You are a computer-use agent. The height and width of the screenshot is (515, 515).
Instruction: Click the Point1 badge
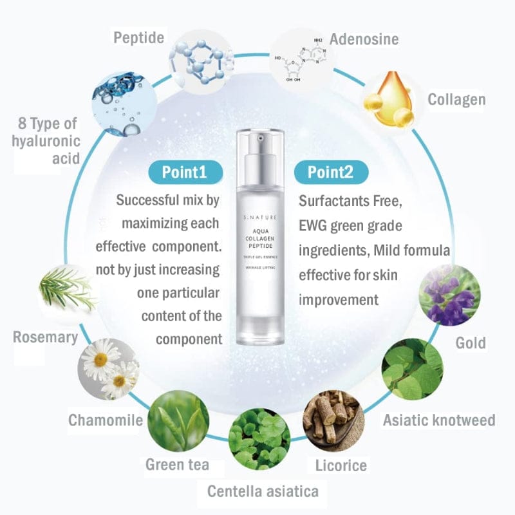click(185, 172)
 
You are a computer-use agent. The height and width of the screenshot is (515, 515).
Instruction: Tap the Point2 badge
click(331, 172)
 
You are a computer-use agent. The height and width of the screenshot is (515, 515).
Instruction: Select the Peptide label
click(138, 37)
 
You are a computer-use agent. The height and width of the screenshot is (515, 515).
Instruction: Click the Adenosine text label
click(364, 39)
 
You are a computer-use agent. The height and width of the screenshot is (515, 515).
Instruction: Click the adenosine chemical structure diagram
click(301, 59)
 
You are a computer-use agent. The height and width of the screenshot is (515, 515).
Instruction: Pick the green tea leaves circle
click(178, 421)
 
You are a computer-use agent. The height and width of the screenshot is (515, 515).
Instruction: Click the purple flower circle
click(449, 295)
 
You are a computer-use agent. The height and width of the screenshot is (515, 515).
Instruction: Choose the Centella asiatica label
click(263, 491)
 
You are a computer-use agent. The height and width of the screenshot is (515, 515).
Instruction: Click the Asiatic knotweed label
click(439, 420)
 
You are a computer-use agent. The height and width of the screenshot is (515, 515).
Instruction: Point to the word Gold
click(471, 343)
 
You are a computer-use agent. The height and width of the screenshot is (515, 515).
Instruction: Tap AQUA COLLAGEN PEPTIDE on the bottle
click(260, 239)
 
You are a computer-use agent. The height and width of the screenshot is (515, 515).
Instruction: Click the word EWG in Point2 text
click(312, 226)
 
